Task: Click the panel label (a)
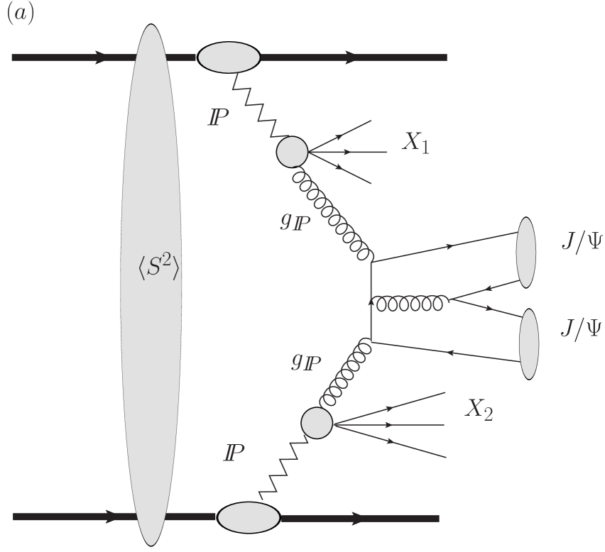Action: [x=20, y=16]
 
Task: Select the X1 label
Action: [x=420, y=143]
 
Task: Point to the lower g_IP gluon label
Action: [x=305, y=363]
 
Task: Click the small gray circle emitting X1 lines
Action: [x=291, y=151]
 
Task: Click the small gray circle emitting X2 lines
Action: [x=317, y=423]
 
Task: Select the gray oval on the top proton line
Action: [x=228, y=57]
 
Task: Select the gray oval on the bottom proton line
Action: [x=249, y=519]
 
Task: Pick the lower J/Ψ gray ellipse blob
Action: [x=529, y=344]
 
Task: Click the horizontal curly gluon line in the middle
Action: [x=410, y=304]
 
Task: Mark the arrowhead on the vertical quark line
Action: [x=371, y=302]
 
